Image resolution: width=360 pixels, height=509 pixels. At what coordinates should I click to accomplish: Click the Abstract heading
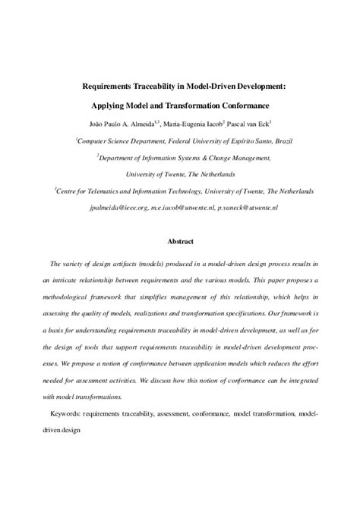(x=180, y=242)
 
